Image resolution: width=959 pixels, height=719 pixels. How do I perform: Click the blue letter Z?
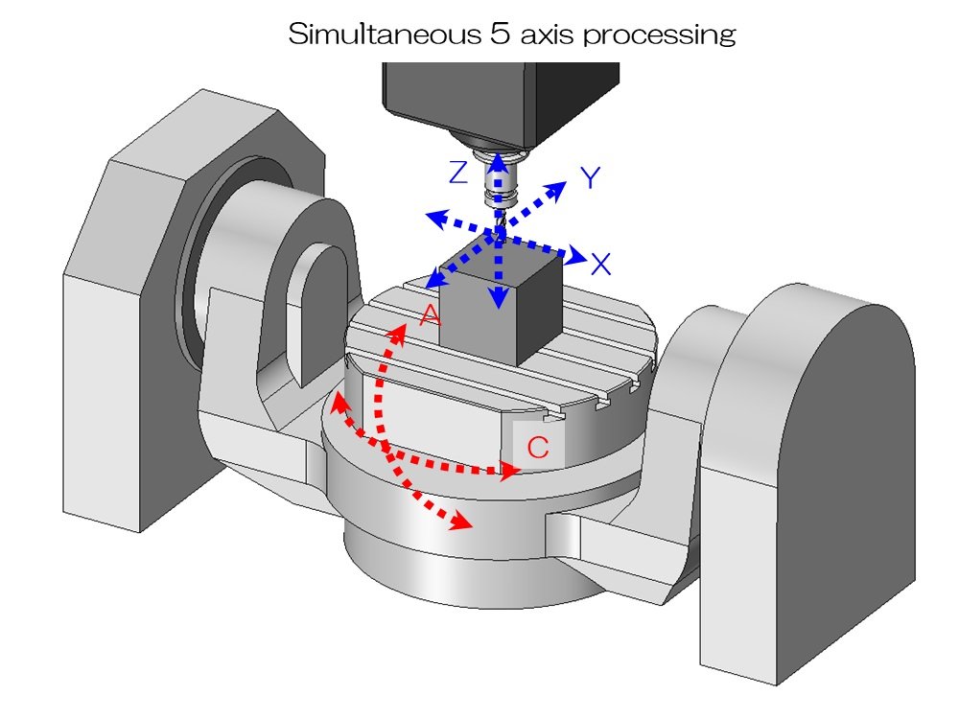(458, 173)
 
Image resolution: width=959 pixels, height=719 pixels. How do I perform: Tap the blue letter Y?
(591, 176)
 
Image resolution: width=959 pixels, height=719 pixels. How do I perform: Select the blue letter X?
(601, 265)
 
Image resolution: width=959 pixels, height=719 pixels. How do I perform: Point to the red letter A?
(429, 314)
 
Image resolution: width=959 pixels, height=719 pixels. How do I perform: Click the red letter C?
(539, 448)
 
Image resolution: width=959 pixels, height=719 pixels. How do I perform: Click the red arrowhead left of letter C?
(508, 469)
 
